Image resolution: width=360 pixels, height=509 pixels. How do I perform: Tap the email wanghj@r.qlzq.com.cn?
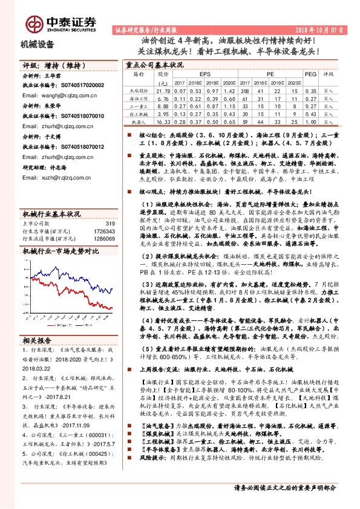64,96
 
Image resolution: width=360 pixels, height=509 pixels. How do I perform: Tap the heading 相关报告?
38,340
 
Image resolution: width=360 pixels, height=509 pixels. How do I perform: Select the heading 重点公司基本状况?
154,63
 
